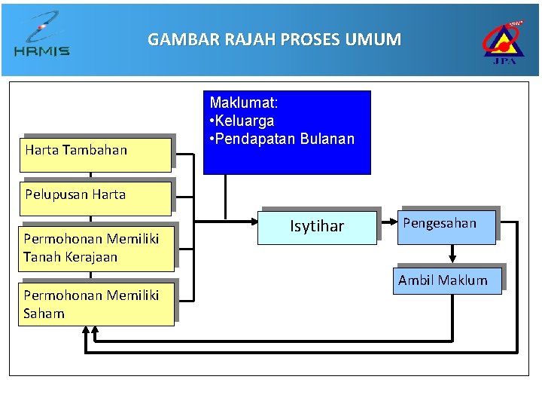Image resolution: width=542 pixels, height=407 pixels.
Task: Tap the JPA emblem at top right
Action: [x=504, y=41]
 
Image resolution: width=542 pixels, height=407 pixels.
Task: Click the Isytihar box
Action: [x=317, y=226]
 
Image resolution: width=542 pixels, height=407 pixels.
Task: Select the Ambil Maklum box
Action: [x=447, y=280]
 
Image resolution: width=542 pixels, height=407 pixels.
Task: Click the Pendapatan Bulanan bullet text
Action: [x=283, y=139]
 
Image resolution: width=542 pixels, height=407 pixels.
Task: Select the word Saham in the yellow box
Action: [x=44, y=314]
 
